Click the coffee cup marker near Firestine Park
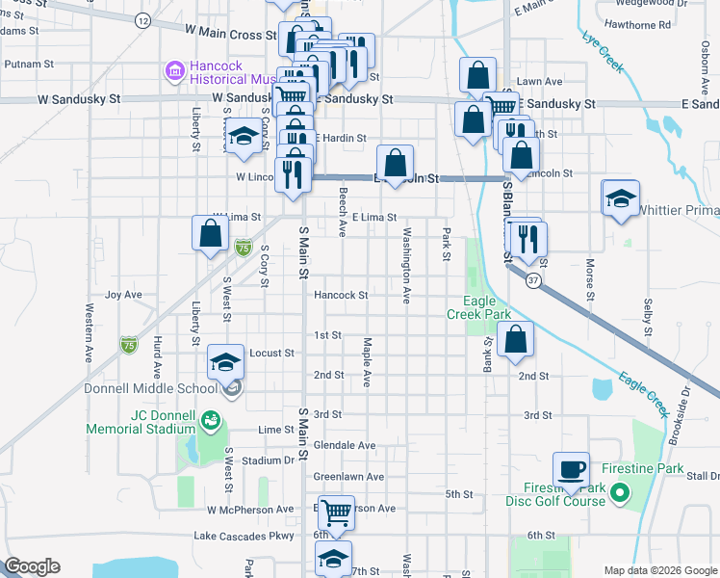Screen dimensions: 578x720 point(572,469)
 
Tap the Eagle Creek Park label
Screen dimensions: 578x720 point(478,314)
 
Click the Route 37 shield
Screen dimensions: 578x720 point(533,279)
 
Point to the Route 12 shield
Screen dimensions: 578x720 point(142,20)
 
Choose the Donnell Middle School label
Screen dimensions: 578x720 point(151,389)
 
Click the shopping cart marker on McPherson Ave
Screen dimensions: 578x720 point(336,512)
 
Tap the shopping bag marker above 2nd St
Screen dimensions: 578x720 point(517,339)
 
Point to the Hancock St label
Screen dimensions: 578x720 point(341,296)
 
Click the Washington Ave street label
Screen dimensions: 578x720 point(407,267)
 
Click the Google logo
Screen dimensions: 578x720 point(32,566)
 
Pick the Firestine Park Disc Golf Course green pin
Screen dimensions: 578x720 point(620,495)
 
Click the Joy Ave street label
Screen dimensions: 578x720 point(123,295)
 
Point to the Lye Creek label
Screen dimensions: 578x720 point(602,53)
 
